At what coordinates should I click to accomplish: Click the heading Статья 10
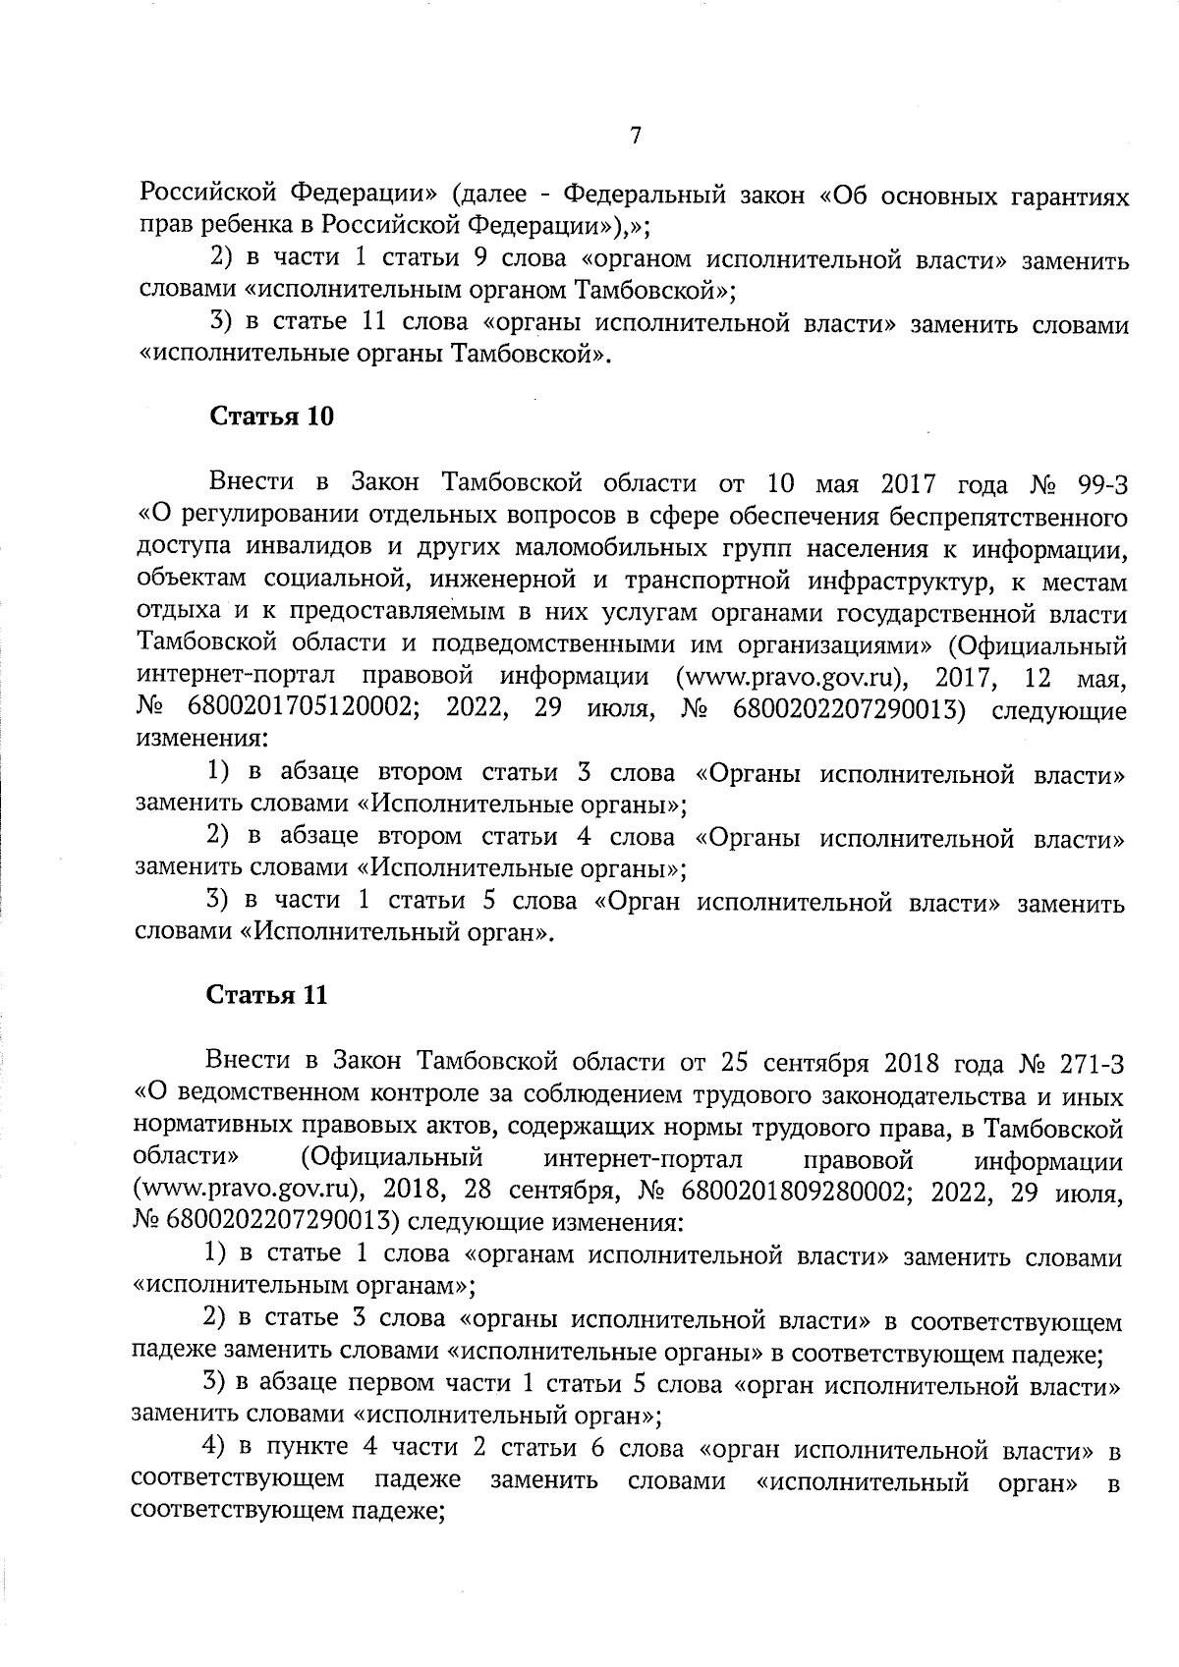click(272, 417)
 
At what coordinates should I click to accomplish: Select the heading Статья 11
click(267, 995)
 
